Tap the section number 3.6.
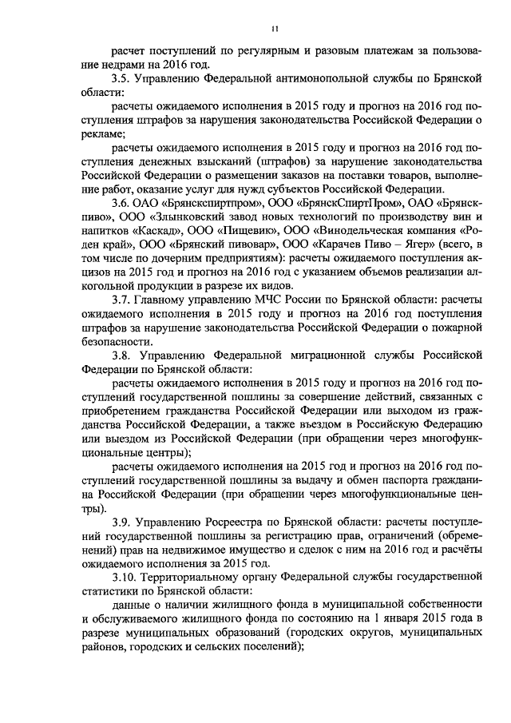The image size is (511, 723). pos(121,202)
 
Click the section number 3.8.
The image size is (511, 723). pos(121,352)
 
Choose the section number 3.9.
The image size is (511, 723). pos(121,520)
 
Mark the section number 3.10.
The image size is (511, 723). pos(125,574)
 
